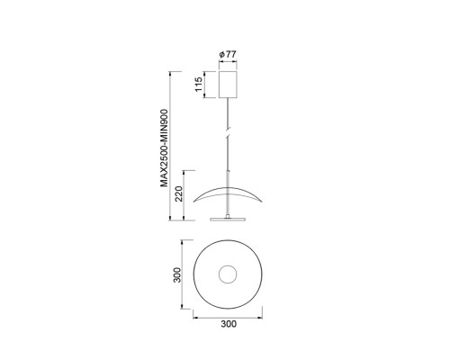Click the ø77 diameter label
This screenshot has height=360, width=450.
[228, 55]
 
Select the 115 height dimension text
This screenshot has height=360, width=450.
[199, 85]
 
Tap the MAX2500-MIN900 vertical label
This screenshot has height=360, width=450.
[164, 148]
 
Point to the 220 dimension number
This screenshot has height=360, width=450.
[179, 193]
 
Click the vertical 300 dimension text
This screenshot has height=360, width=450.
[177, 274]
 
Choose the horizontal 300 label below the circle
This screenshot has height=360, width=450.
[229, 324]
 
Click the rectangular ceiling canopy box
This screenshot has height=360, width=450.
[228, 85]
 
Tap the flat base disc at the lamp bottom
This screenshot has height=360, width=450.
[228, 219]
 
